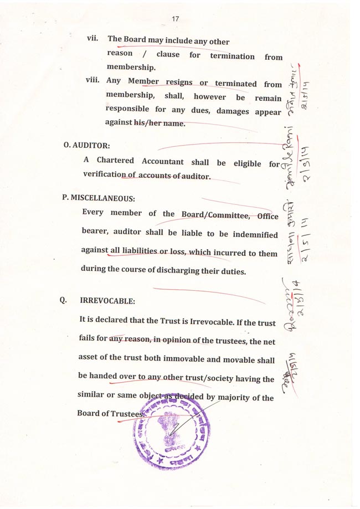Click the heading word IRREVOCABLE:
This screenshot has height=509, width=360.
point(107,301)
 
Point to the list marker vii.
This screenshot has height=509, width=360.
point(93,39)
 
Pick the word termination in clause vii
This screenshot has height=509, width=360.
point(232,56)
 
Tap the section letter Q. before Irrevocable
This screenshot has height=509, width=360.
point(64,300)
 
